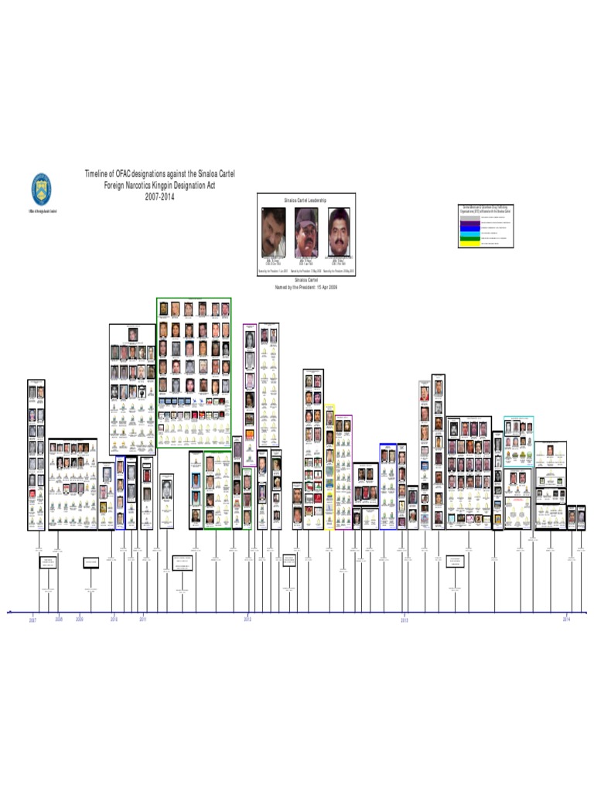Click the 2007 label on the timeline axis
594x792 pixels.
[x=33, y=620]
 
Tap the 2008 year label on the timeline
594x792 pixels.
[x=59, y=620]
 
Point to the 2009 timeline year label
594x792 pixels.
[x=80, y=620]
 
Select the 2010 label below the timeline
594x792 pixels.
[x=114, y=620]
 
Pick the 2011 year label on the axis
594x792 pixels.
[x=142, y=620]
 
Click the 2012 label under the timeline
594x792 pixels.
[x=247, y=620]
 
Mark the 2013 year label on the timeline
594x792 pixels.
[x=404, y=620]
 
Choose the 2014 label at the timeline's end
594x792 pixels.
[x=567, y=620]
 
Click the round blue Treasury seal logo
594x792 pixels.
[x=41, y=189]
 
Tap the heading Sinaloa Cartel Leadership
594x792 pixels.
[x=306, y=200]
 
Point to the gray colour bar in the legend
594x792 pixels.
[x=469, y=217]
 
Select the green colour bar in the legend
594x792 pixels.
[x=469, y=238]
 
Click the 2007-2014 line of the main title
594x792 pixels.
[x=159, y=196]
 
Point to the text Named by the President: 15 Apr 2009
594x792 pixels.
[x=307, y=287]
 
